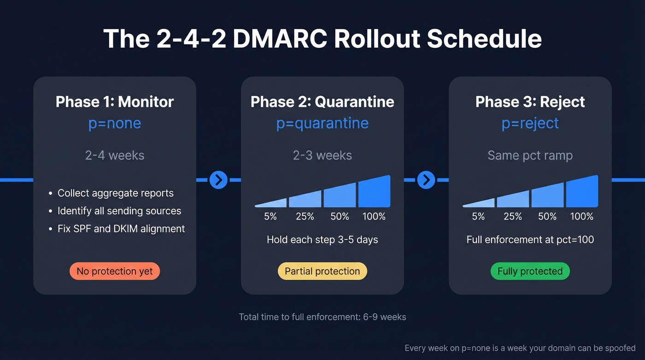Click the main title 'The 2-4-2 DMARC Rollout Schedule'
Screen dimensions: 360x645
[322, 38]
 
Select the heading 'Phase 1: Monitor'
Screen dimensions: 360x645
[115, 102]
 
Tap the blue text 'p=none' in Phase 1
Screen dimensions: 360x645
[115, 124]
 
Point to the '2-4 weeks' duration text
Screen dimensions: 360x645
[115, 155]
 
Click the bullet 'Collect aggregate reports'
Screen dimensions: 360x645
[115, 193]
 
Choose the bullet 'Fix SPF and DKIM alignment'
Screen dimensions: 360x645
[121, 229]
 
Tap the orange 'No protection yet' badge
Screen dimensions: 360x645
[115, 271]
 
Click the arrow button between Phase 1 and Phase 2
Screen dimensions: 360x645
[218, 180]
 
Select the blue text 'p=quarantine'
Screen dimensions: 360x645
[322, 124]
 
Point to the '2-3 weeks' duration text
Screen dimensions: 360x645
[322, 155]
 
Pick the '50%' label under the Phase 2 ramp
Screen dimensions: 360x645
[340, 216]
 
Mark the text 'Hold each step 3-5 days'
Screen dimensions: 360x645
[322, 240]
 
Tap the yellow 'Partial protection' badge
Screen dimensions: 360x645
[322, 271]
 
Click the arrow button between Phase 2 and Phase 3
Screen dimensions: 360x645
[426, 180]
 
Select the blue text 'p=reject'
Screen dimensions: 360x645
[530, 124]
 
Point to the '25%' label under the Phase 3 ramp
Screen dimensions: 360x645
[513, 216]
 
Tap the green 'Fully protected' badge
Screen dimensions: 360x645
[530, 271]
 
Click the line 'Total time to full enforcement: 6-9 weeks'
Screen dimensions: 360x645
[322, 317]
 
